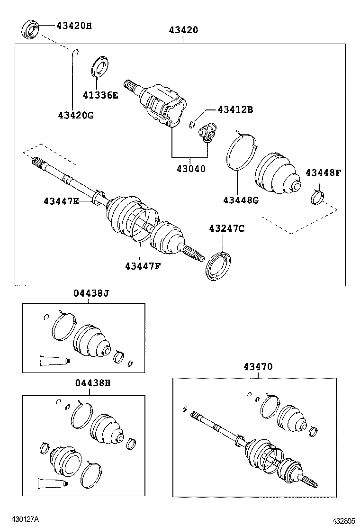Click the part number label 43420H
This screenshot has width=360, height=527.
[x=74, y=26]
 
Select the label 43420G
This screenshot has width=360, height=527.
[x=76, y=115]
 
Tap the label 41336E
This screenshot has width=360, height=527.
[x=100, y=95]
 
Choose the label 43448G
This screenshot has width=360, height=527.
[x=241, y=200]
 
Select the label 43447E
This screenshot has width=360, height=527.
[x=61, y=201]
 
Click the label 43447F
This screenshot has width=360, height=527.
[x=143, y=265]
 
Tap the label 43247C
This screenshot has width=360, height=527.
[x=227, y=229]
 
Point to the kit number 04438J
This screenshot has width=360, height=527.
[x=91, y=294]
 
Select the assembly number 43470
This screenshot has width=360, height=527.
[x=258, y=366]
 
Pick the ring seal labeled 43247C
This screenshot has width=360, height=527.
[x=218, y=265]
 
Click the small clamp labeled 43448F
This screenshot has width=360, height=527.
[x=317, y=197]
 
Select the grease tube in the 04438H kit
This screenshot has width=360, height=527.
[x=53, y=484]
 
